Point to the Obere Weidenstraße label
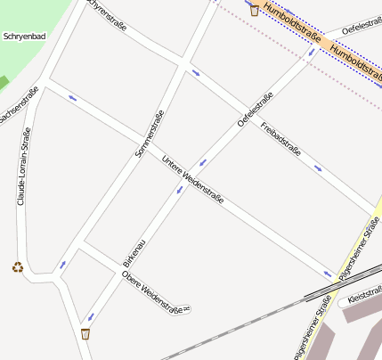(156, 292)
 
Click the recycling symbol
(17, 266)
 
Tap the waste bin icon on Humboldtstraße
(255, 10)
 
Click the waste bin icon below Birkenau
(85, 334)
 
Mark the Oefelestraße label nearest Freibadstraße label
(255, 110)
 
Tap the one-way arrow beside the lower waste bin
(89, 317)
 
